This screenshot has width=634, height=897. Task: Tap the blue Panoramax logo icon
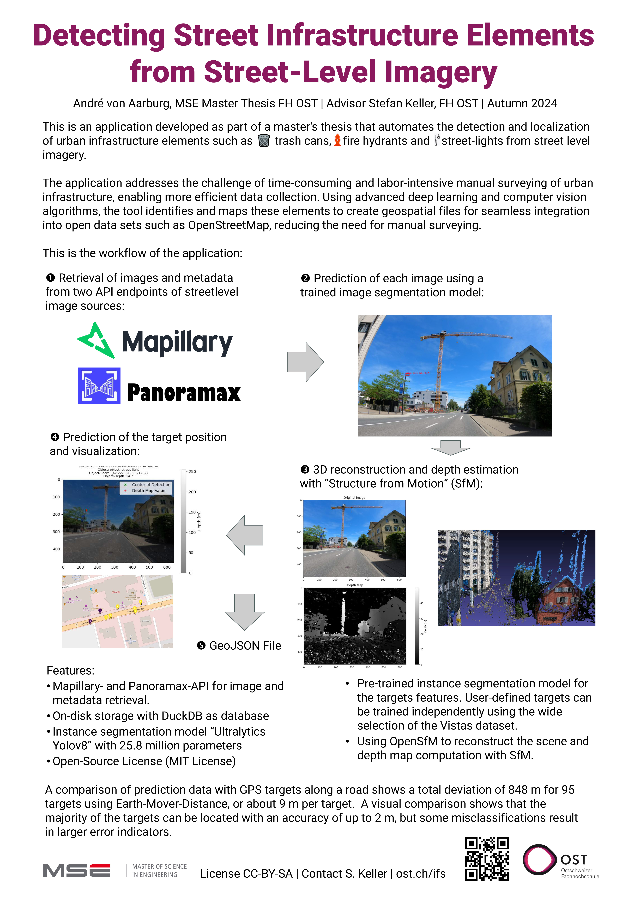click(99, 386)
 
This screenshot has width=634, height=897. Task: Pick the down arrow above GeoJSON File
click(244, 611)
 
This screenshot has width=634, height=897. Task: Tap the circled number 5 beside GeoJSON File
click(201, 645)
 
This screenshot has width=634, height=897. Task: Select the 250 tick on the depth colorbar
click(192, 471)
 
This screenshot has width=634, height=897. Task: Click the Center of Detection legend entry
click(151, 484)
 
